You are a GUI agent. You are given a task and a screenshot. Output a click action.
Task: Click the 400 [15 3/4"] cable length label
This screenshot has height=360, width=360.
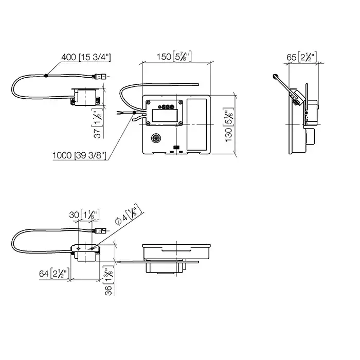pos(86,57)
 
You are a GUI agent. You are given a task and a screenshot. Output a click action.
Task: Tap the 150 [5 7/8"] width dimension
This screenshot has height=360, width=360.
pos(174,56)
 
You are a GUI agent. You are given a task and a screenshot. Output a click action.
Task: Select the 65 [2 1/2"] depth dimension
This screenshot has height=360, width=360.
pos(302,57)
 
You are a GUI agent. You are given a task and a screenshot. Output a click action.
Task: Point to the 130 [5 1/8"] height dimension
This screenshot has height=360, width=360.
pos(229,125)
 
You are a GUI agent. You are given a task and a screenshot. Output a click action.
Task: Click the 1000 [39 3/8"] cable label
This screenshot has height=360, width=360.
pos(79,155)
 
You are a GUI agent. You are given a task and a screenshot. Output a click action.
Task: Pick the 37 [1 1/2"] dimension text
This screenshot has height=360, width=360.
pos(97,124)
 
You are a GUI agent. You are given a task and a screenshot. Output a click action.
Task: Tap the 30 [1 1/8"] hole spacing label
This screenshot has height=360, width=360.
pos(84,214)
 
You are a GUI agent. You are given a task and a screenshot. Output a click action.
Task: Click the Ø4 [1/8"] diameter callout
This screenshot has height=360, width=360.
pos(129,214)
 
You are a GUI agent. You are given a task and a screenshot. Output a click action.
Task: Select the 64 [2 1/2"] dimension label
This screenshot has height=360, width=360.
pos(54,273)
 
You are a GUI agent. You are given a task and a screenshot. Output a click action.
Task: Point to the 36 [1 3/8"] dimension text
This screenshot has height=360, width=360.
pos(109,280)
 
